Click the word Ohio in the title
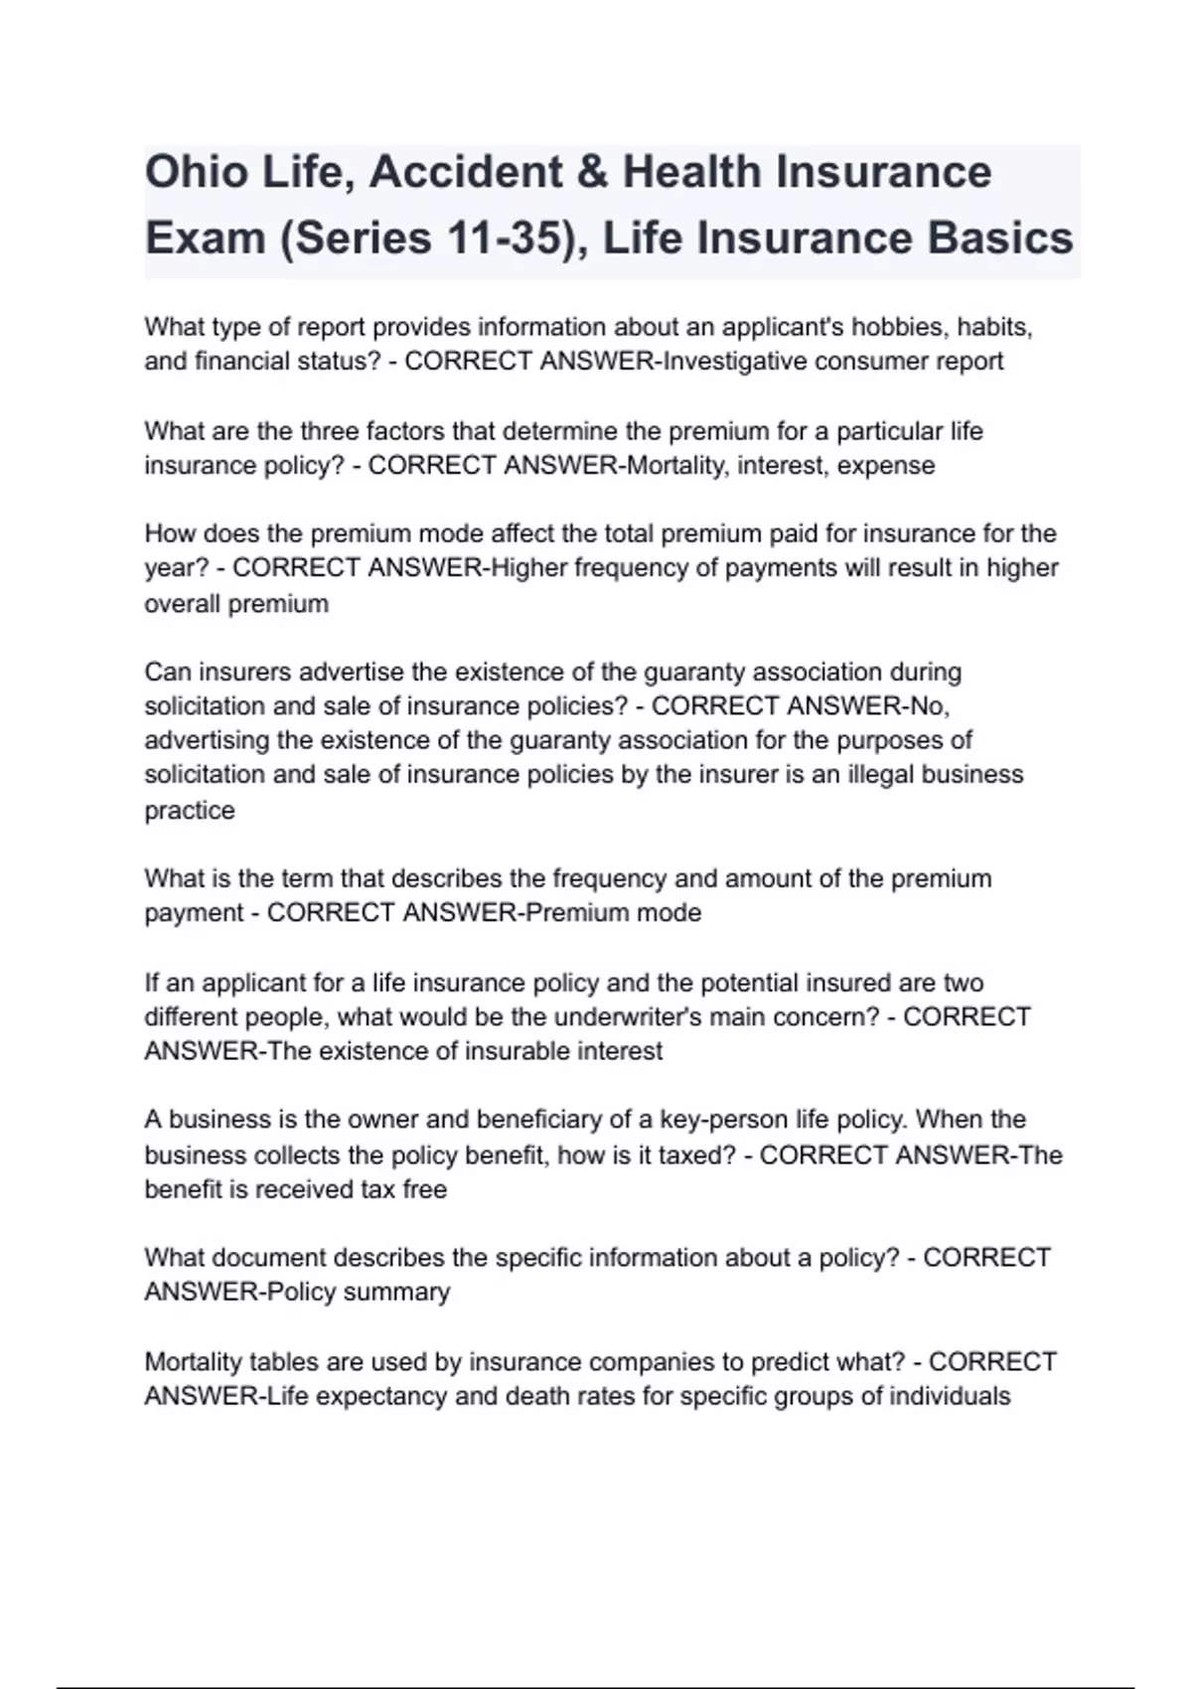[x=197, y=172]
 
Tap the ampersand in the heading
[x=593, y=172]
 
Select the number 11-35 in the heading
[x=498, y=239]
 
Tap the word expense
[x=886, y=465]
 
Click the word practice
[x=190, y=810]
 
